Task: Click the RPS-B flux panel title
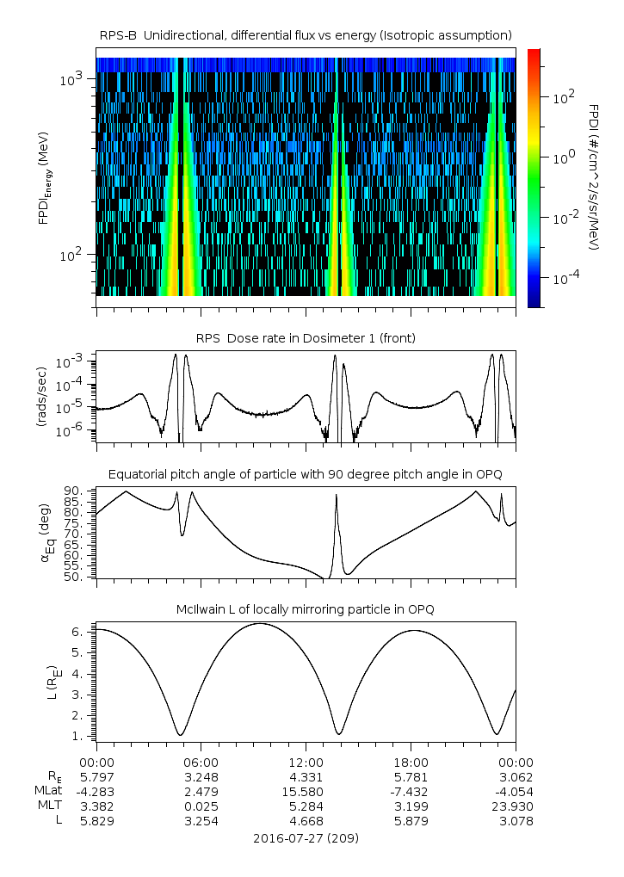pos(306,36)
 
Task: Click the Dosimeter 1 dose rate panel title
pos(306,338)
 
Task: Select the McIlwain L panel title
pos(306,609)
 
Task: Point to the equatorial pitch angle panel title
pos(306,475)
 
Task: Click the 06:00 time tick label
pos(201,763)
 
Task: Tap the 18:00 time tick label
pos(411,763)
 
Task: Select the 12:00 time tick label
pos(306,763)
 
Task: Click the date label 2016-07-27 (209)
pos(306,838)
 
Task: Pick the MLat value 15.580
pos(306,792)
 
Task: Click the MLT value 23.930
pos(515,806)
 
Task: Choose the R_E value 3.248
pos(201,777)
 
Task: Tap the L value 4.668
pos(306,821)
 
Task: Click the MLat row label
pos(48,791)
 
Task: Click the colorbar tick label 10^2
pos(563,97)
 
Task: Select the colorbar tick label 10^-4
pos(565,278)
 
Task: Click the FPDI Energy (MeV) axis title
pos(44,178)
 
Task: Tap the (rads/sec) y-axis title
pos(41,397)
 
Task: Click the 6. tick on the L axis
pos(77,632)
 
